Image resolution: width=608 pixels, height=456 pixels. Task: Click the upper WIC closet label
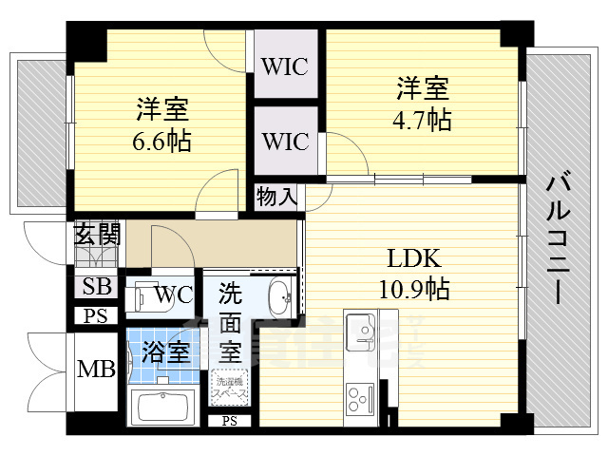pyautogui.click(x=285, y=67)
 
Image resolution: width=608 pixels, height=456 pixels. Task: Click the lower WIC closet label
pyautogui.click(x=285, y=142)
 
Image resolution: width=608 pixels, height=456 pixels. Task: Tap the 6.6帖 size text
pyautogui.click(x=161, y=142)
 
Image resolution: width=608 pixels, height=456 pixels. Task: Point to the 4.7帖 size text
pyautogui.click(x=423, y=121)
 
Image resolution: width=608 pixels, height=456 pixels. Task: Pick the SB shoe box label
pyautogui.click(x=96, y=286)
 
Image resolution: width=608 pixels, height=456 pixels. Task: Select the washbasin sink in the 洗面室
pyautogui.click(x=279, y=300)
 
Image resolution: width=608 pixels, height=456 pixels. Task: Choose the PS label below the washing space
pyautogui.click(x=229, y=421)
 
